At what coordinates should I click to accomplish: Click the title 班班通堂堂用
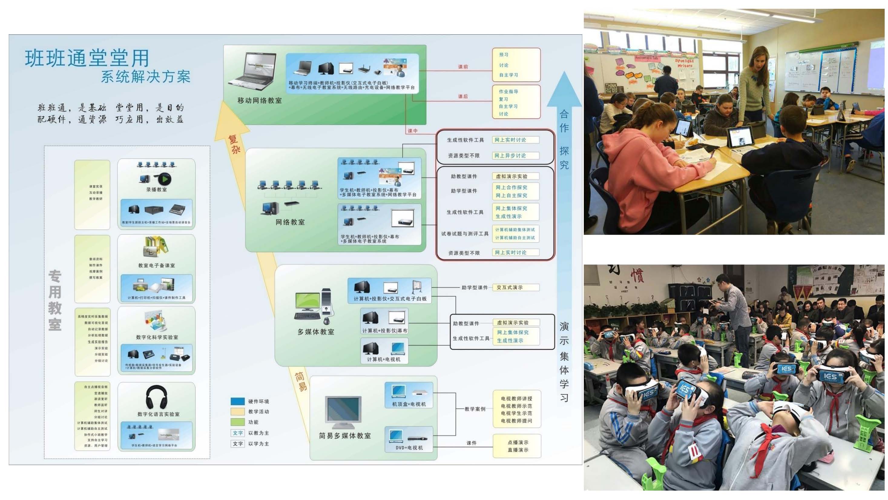pos(87,58)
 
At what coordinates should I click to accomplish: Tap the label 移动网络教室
pos(260,101)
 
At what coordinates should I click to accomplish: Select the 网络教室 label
pos(290,222)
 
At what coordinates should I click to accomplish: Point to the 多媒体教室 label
pos(316,332)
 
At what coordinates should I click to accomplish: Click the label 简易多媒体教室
pos(345,436)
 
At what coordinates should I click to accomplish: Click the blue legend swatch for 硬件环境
pos(238,401)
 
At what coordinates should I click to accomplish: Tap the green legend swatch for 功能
pos(238,422)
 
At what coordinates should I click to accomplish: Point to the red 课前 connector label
pos(463,67)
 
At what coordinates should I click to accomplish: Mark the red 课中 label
pos(413,131)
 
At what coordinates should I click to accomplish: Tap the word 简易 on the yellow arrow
pos(301,381)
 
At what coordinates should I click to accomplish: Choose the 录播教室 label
pos(156,190)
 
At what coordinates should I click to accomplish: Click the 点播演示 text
pos(518,442)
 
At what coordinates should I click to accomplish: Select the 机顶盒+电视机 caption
pos(409,404)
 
